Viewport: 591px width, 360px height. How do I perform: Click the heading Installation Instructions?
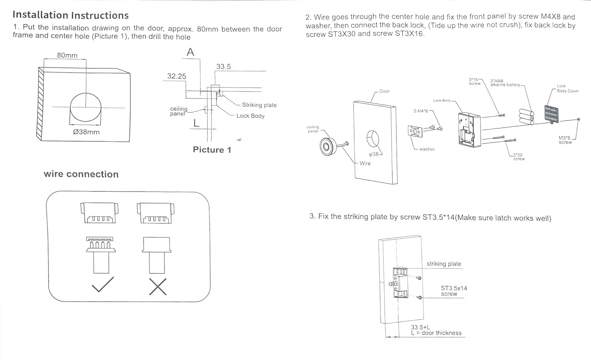[71, 15]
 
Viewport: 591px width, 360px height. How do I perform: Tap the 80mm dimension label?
[67, 56]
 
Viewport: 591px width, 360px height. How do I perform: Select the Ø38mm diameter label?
[86, 132]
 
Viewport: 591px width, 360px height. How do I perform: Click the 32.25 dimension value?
[177, 76]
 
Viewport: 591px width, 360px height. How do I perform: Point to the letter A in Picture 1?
[190, 52]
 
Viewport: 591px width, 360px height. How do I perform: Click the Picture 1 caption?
[212, 150]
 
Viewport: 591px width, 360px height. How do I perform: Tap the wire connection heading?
[81, 174]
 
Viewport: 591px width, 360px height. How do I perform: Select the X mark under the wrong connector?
[158, 286]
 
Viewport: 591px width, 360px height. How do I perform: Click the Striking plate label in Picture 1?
[259, 105]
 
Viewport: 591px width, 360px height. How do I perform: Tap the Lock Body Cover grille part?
[551, 114]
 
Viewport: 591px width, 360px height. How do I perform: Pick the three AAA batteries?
[526, 117]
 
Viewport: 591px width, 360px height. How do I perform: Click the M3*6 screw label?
[565, 140]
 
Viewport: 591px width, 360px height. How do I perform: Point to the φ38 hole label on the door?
[374, 154]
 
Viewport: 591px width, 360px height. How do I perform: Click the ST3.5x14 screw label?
[453, 291]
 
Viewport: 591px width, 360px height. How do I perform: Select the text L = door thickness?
[436, 333]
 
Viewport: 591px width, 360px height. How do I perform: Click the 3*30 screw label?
[519, 157]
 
